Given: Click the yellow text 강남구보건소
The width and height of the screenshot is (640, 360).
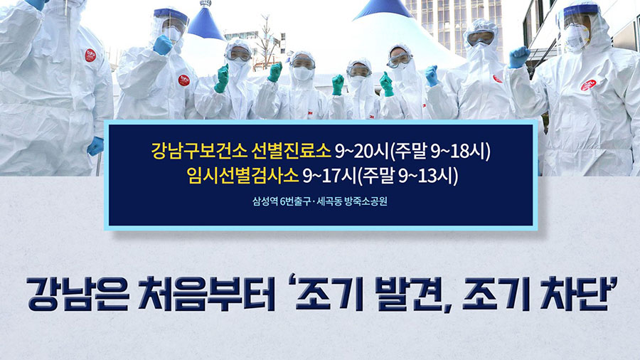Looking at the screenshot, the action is pos(199,150).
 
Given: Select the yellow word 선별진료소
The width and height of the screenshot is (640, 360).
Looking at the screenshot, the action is pos(291,150).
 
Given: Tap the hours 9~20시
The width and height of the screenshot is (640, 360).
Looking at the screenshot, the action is pos(362,151).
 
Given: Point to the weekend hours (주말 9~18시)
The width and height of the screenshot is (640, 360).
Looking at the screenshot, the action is pos(440,152).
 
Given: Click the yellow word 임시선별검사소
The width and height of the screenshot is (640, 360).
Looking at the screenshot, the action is pos(242,176).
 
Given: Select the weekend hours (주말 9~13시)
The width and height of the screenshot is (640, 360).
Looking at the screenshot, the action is pos(407,176).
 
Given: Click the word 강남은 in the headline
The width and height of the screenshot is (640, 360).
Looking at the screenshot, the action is pos(78,293).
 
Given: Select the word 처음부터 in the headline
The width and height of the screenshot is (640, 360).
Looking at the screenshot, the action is pos(206,293).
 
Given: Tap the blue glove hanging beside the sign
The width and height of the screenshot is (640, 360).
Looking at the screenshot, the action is pos(95,146).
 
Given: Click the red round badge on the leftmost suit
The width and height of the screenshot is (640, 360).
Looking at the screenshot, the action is pos(90,55).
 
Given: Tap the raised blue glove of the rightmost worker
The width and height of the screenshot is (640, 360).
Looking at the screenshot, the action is pos(519,57).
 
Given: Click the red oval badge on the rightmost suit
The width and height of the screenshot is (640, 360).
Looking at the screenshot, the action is pos(588,85).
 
